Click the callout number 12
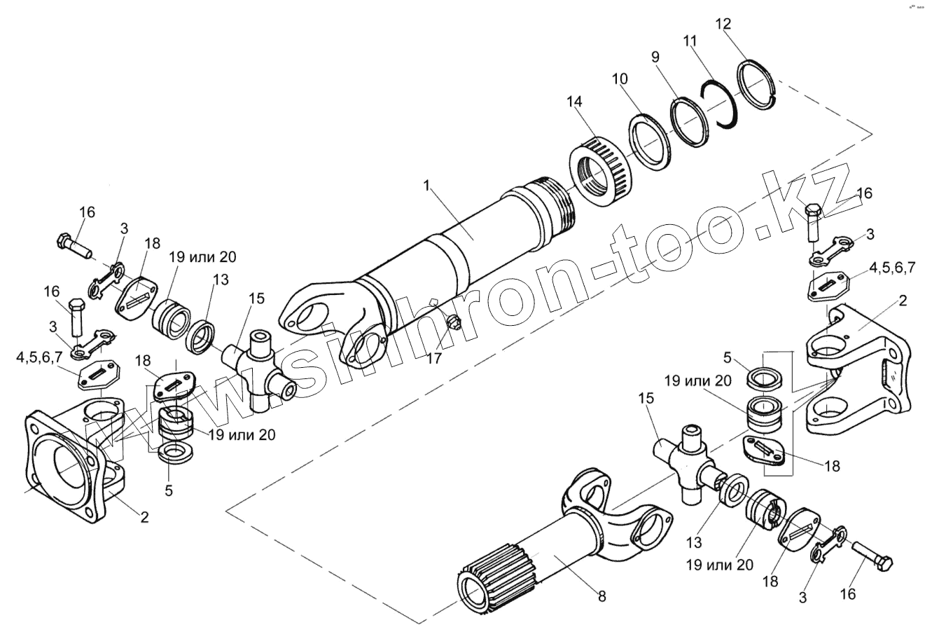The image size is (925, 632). point(723,24)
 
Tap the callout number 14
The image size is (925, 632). point(574,102)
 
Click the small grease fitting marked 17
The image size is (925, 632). point(454,322)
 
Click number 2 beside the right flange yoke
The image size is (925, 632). point(902,301)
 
